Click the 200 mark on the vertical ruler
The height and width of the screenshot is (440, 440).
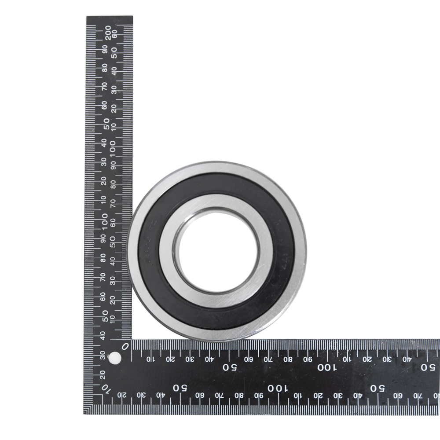(108, 32)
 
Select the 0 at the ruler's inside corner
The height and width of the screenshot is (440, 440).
(125, 346)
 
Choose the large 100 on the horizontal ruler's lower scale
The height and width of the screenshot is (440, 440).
(277, 388)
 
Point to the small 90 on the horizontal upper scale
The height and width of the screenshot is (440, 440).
(308, 359)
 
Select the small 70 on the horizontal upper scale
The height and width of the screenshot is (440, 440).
(268, 359)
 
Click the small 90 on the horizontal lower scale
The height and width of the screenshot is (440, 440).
(259, 395)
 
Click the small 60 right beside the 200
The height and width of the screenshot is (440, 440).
(115, 33)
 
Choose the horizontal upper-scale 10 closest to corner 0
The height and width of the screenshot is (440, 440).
(150, 359)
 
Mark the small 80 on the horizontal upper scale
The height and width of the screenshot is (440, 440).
(288, 359)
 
